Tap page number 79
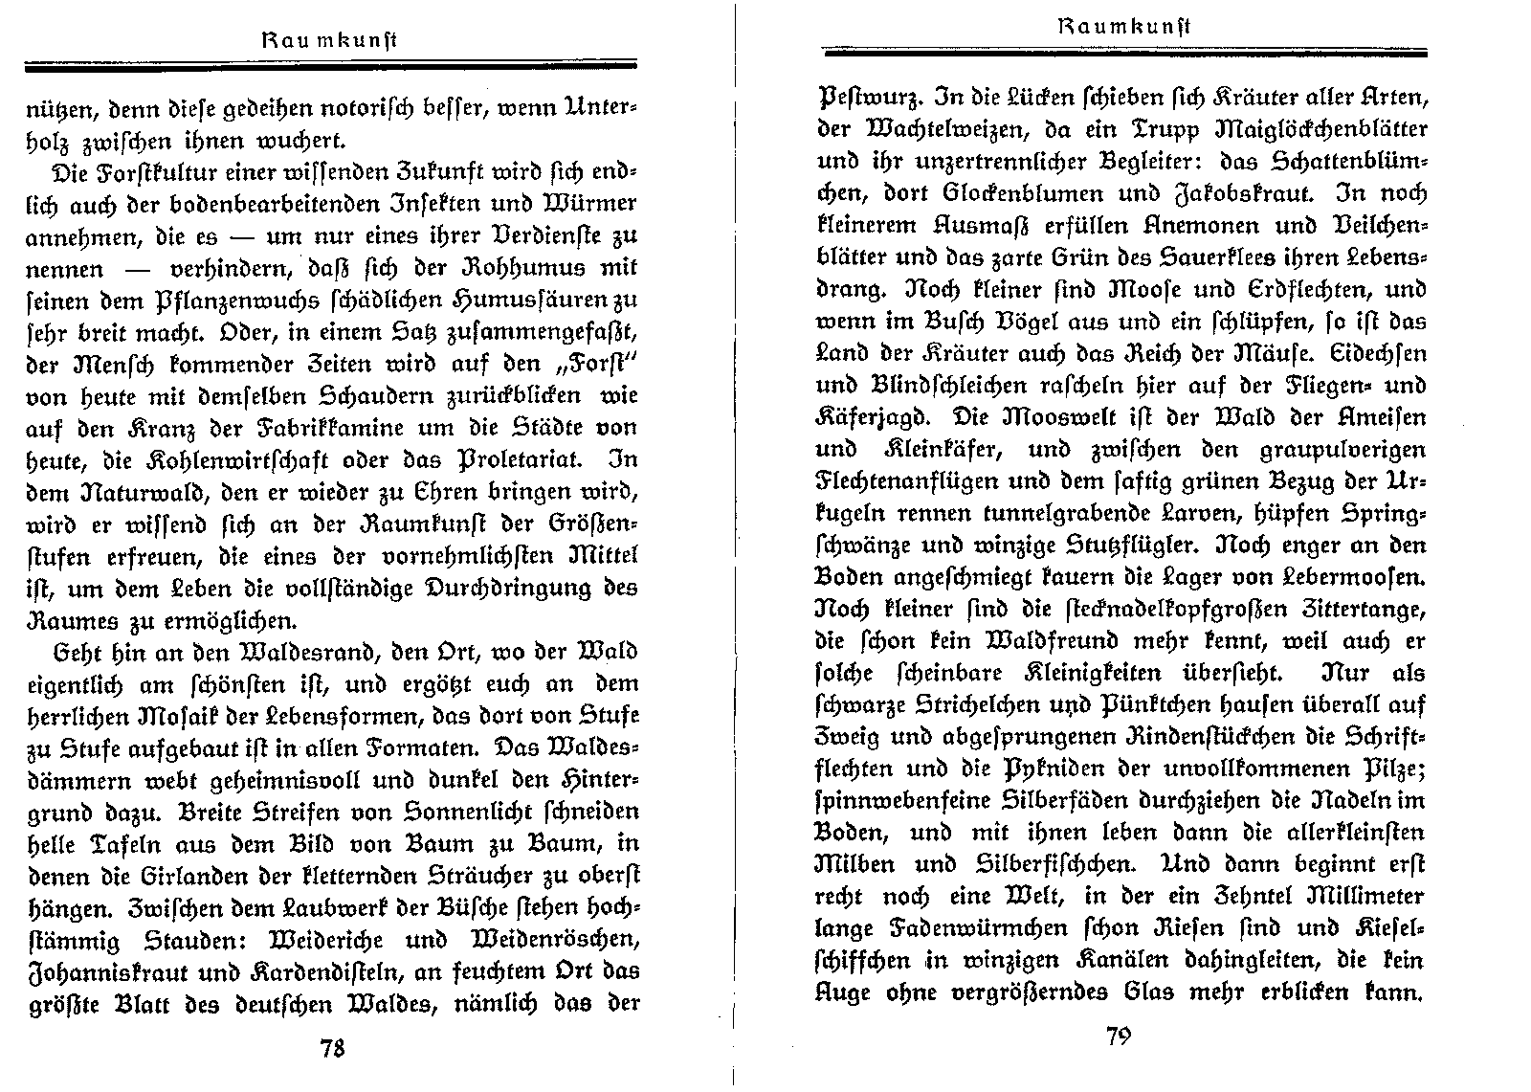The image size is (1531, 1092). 1119,1037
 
